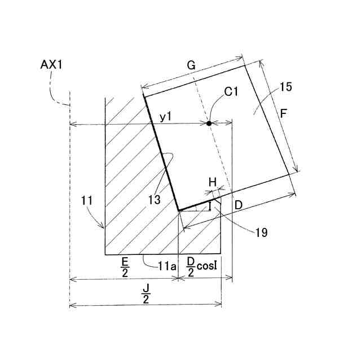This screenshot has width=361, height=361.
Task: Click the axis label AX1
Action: pyautogui.click(x=51, y=65)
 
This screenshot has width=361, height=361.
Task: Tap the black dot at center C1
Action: pyautogui.click(x=209, y=124)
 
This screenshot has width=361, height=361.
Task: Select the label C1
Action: pyautogui.click(x=231, y=92)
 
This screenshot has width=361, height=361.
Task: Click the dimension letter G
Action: pyautogui.click(x=191, y=65)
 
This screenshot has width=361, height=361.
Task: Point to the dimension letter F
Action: pyautogui.click(x=284, y=114)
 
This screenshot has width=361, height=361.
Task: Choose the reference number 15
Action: pyautogui.click(x=286, y=87)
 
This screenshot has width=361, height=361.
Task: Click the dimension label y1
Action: pyautogui.click(x=166, y=117)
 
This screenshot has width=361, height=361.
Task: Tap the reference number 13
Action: pyautogui.click(x=154, y=200)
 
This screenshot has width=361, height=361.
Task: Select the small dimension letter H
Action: pyautogui.click(x=213, y=183)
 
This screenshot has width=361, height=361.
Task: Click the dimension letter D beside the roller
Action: pyautogui.click(x=239, y=205)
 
